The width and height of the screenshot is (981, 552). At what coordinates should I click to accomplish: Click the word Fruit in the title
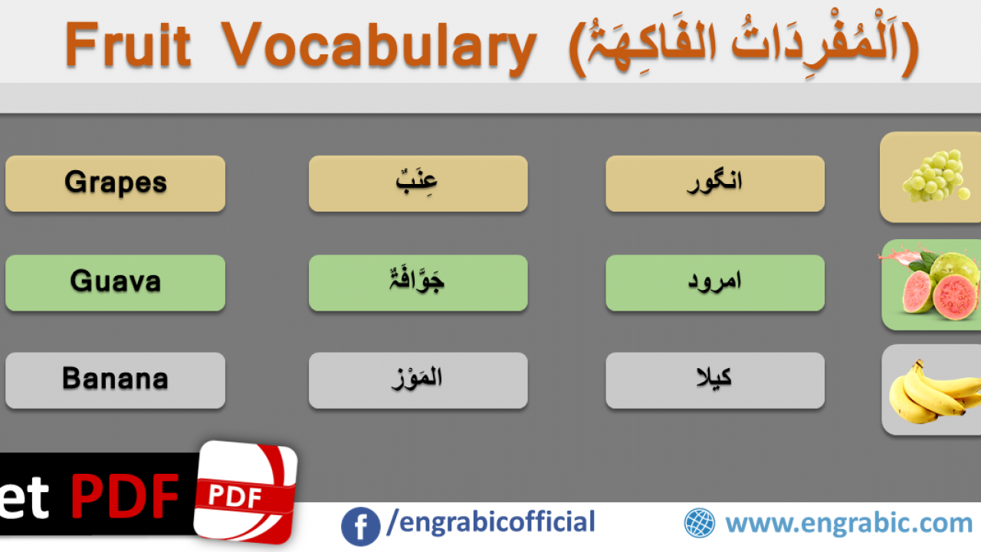click(x=128, y=44)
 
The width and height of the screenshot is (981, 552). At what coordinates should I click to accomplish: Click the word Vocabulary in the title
click(x=379, y=48)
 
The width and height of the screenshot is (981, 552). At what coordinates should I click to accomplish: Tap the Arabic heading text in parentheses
click(x=743, y=46)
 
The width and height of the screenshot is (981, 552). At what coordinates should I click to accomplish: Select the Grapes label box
click(x=115, y=183)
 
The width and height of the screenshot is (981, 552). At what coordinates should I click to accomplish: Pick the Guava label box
click(x=115, y=283)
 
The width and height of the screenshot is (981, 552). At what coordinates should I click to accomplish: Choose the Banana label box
click(x=115, y=380)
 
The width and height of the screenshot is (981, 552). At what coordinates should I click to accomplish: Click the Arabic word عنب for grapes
click(x=416, y=182)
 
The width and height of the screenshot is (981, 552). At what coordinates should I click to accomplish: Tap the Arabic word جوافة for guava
click(x=416, y=279)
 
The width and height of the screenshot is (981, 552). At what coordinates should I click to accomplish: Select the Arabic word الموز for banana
click(x=416, y=379)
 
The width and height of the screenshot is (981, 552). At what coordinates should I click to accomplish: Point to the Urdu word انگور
click(x=714, y=182)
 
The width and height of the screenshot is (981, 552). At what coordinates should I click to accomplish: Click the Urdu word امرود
click(x=714, y=281)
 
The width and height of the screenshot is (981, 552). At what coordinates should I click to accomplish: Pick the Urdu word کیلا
click(x=714, y=378)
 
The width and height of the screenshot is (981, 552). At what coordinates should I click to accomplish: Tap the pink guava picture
click(x=930, y=284)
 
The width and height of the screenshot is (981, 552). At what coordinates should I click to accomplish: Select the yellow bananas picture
click(x=935, y=391)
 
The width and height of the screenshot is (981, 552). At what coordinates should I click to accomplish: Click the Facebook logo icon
click(x=360, y=527)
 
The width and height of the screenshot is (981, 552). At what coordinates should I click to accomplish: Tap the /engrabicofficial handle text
click(x=491, y=522)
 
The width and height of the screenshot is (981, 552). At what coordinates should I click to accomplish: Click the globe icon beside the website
click(x=700, y=523)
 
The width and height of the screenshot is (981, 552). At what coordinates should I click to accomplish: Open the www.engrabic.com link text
click(x=848, y=524)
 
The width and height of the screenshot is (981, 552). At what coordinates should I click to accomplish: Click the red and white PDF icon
click(x=246, y=493)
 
